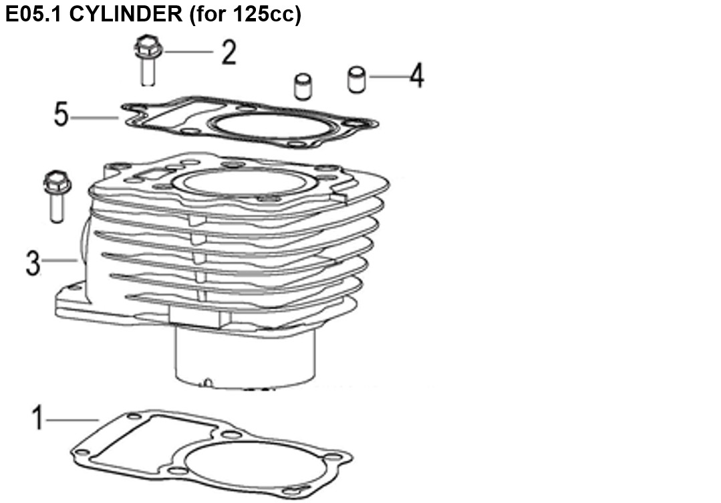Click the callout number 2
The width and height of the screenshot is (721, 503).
(229, 52)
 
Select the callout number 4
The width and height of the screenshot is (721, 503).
(417, 76)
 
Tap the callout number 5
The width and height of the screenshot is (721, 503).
(61, 114)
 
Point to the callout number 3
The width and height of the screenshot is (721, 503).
(33, 264)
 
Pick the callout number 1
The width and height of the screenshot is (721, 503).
(38, 418)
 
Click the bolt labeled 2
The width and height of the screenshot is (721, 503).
(148, 60)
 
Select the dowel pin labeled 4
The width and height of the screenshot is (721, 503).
(357, 80)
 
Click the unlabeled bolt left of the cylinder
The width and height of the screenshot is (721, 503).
(57, 197)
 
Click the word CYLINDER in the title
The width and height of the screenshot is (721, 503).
(126, 14)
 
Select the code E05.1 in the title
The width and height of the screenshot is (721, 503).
(35, 14)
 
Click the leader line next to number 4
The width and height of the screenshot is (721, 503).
(389, 76)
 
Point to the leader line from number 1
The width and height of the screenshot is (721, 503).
(72, 419)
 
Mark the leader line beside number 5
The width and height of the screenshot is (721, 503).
(95, 118)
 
